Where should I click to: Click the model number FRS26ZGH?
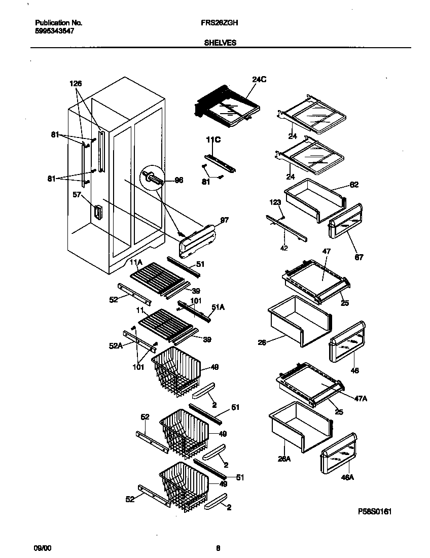click(x=220, y=23)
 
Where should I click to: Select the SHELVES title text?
click(x=220, y=43)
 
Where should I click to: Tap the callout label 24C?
click(x=259, y=79)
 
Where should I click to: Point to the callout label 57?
click(x=78, y=194)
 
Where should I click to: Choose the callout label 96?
click(x=178, y=180)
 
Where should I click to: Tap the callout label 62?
click(x=353, y=185)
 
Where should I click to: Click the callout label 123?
click(x=275, y=203)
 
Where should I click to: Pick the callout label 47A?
click(x=361, y=399)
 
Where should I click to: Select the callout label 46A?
click(x=348, y=477)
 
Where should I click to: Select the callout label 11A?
click(x=135, y=262)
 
